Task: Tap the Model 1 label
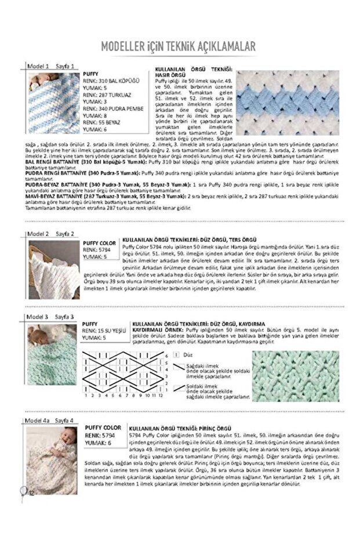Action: click(x=39, y=67)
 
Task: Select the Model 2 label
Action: click(x=39, y=234)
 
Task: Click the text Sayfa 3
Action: click(x=64, y=317)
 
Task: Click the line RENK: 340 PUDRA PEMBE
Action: click(x=112, y=108)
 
